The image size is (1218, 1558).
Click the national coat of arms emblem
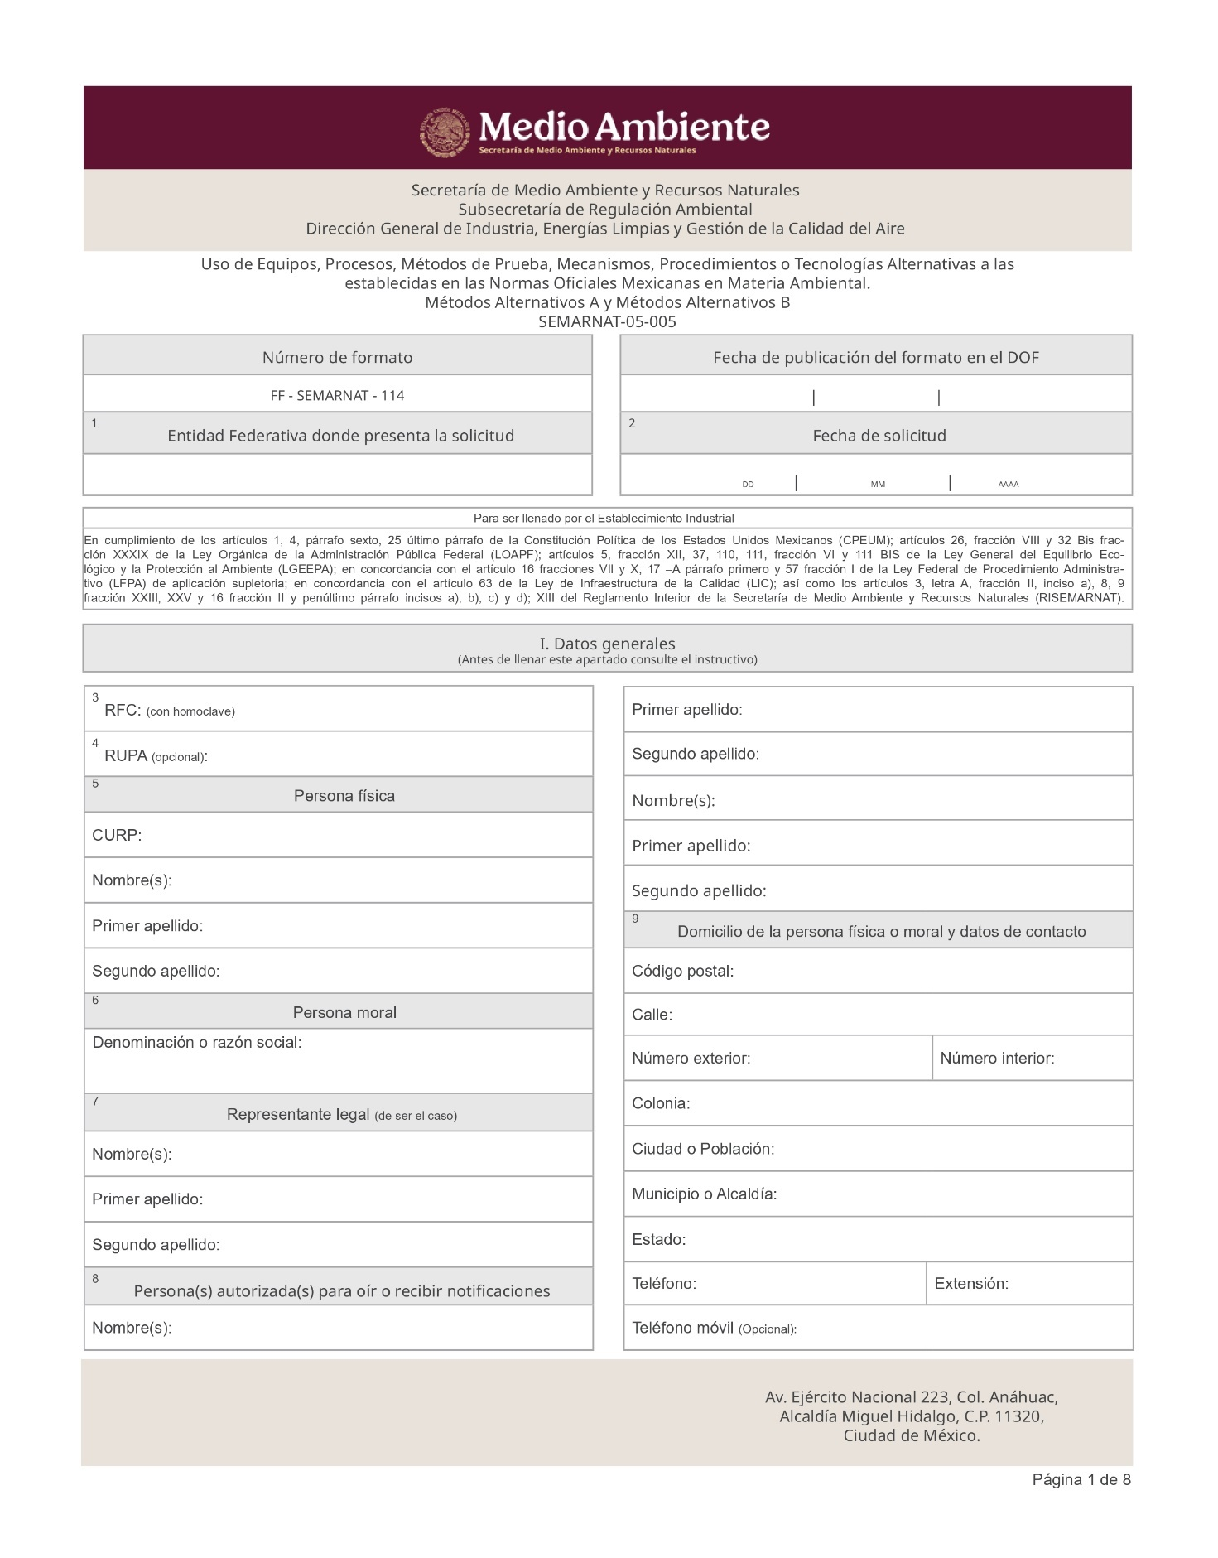pos(446,131)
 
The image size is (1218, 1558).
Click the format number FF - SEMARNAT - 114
pos(337,395)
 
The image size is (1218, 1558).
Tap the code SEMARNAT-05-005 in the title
pos(607,321)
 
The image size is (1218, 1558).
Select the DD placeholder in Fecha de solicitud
pos(748,485)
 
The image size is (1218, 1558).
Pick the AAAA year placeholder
pos(1008,485)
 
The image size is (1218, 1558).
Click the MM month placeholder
pos(878,485)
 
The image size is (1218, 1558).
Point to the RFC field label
pos(123,711)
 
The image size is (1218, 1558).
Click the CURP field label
pos(117,835)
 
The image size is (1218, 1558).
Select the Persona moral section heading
pos(344,1012)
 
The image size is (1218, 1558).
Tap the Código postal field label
pos(682,971)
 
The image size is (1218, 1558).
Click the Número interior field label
pos(997,1058)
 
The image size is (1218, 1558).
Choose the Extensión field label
pos(971,1283)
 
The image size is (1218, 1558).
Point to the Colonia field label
pos(660,1103)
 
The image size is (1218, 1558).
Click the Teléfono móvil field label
pos(682,1328)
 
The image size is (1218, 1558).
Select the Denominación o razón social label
pos(197,1042)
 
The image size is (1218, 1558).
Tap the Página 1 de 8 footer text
pos(1081,1479)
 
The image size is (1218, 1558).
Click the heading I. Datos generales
pos(607,644)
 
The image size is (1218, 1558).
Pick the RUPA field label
pos(126,755)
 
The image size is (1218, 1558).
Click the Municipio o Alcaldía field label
pos(704,1194)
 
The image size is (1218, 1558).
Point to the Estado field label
pos(658,1239)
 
